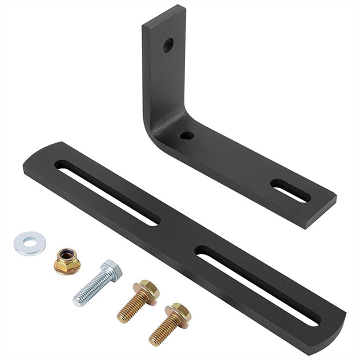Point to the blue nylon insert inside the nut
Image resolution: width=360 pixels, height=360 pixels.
[x=67, y=255]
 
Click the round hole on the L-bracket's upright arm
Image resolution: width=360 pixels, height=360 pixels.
[x=168, y=45]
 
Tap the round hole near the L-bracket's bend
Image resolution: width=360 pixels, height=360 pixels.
[x=186, y=135]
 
